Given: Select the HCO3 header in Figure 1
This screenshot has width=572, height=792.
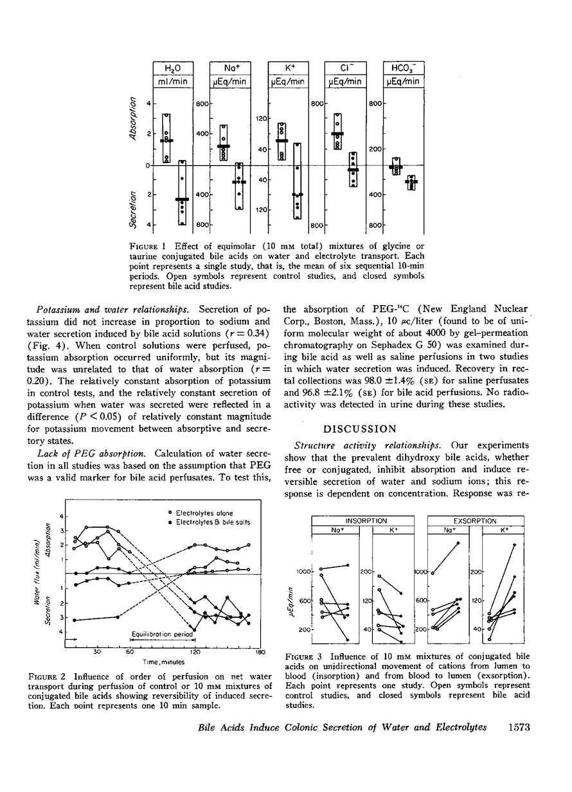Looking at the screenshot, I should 403,68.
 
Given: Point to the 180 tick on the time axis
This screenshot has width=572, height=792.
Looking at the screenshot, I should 260,652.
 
